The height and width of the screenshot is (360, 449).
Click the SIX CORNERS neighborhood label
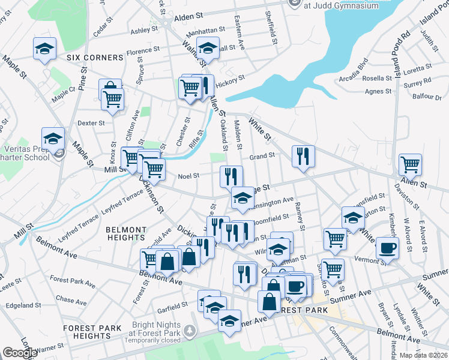(x=95, y=58)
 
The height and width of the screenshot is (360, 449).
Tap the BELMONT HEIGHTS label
(x=126, y=233)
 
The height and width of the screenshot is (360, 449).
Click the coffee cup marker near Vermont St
(x=387, y=248)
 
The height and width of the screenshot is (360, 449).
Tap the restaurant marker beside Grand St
(x=303, y=156)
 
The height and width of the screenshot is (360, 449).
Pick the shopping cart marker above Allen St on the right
(x=410, y=164)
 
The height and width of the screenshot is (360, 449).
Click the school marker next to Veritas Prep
(x=53, y=137)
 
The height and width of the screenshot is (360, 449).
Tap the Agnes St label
(x=379, y=92)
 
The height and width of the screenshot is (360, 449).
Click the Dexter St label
(x=91, y=123)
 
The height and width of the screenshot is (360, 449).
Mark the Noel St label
(x=188, y=176)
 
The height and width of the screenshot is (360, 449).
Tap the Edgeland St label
(x=23, y=305)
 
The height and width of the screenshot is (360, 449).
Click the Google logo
(x=20, y=353)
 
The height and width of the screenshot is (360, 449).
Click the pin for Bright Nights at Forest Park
(x=190, y=330)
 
